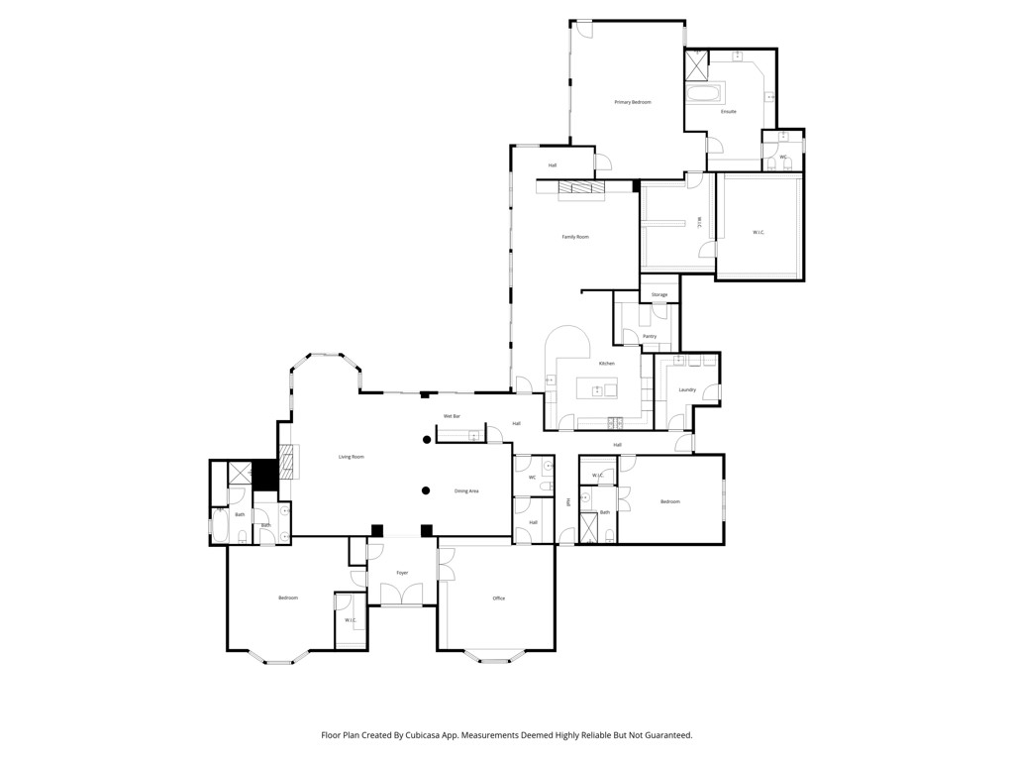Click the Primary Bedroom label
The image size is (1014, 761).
click(632, 102)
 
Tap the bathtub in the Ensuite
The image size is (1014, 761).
click(705, 95)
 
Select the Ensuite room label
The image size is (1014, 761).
click(728, 112)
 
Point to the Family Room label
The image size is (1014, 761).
click(575, 237)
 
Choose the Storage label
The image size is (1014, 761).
click(659, 295)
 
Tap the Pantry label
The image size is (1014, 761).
click(650, 337)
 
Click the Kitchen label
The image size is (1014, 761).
click(606, 364)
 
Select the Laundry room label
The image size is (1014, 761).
click(687, 390)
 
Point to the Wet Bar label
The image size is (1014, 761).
click(452, 416)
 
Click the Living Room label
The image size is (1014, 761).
click(352, 457)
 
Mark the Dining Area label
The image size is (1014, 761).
click(466, 491)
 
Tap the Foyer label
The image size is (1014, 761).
click(402, 573)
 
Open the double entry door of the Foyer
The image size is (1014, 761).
click(402, 595)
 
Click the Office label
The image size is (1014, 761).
click(499, 598)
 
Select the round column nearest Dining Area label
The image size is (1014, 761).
click(426, 489)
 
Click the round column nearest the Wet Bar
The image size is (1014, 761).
click(427, 439)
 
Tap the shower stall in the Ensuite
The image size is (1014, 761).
click(697, 65)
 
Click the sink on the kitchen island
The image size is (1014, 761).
click(597, 390)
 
